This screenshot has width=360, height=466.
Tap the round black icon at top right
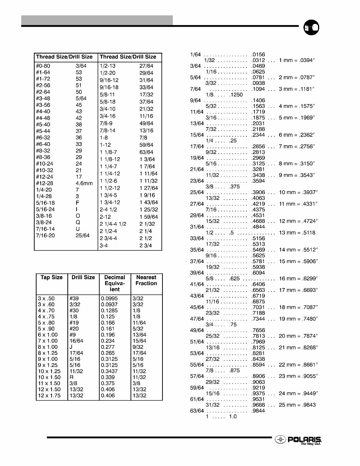click(x=311, y=28)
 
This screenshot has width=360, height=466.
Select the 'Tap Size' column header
click(x=52, y=277)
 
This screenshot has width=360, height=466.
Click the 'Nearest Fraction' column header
click(x=146, y=280)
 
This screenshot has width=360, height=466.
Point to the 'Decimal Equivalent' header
click(x=115, y=283)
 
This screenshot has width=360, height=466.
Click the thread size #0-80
click(x=43, y=66)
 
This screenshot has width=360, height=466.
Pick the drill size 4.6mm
click(x=84, y=183)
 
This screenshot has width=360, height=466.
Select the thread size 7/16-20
click(x=45, y=235)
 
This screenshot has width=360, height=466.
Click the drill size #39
click(x=75, y=298)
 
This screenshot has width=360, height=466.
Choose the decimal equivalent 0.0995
click(x=109, y=298)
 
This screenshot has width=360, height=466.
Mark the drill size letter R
click(x=72, y=377)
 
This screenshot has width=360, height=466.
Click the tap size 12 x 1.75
click(x=49, y=396)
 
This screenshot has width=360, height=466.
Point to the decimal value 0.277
click(x=108, y=347)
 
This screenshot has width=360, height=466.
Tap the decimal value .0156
click(x=258, y=55)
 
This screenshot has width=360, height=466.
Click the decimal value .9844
click(x=258, y=411)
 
